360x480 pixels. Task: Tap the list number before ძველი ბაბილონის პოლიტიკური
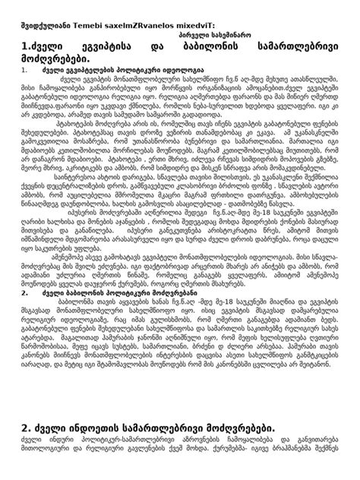click(24, 292)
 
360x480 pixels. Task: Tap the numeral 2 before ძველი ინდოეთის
click(26, 431)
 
